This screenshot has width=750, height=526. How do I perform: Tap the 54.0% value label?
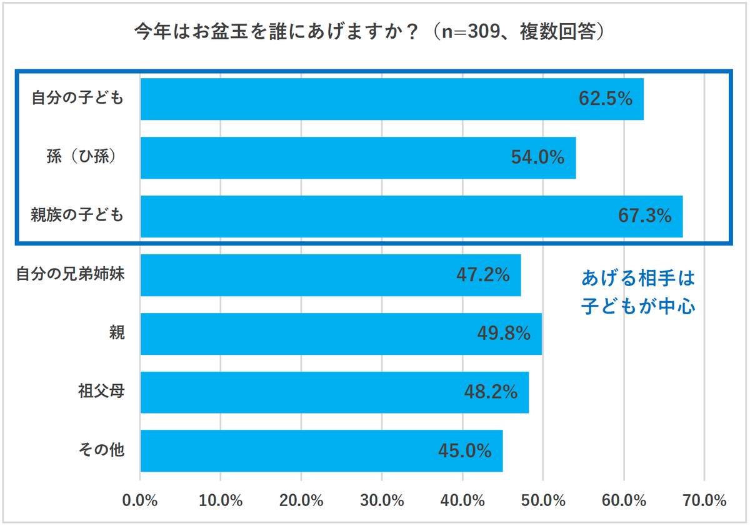click(x=537, y=157)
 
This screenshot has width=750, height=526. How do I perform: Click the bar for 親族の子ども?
click(x=375, y=216)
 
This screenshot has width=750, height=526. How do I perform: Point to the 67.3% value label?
click(x=644, y=216)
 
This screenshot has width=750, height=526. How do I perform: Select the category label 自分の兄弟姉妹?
click(x=71, y=274)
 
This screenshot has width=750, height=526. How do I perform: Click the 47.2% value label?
click(x=483, y=275)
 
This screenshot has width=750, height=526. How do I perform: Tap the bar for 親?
click(x=312, y=334)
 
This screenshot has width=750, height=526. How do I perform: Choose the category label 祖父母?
click(x=101, y=392)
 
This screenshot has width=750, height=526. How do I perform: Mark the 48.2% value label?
click(x=491, y=392)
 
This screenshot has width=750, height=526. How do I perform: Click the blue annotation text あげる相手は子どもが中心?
click(x=638, y=292)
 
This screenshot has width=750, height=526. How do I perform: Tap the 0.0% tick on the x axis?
click(x=141, y=500)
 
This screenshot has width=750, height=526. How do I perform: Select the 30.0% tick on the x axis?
click(x=382, y=500)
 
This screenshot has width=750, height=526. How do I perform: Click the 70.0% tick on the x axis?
click(x=704, y=500)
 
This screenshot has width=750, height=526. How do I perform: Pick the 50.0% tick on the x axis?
click(x=543, y=500)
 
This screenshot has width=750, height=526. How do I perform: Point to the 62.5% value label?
click(x=606, y=99)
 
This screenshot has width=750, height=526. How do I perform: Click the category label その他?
click(x=101, y=450)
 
